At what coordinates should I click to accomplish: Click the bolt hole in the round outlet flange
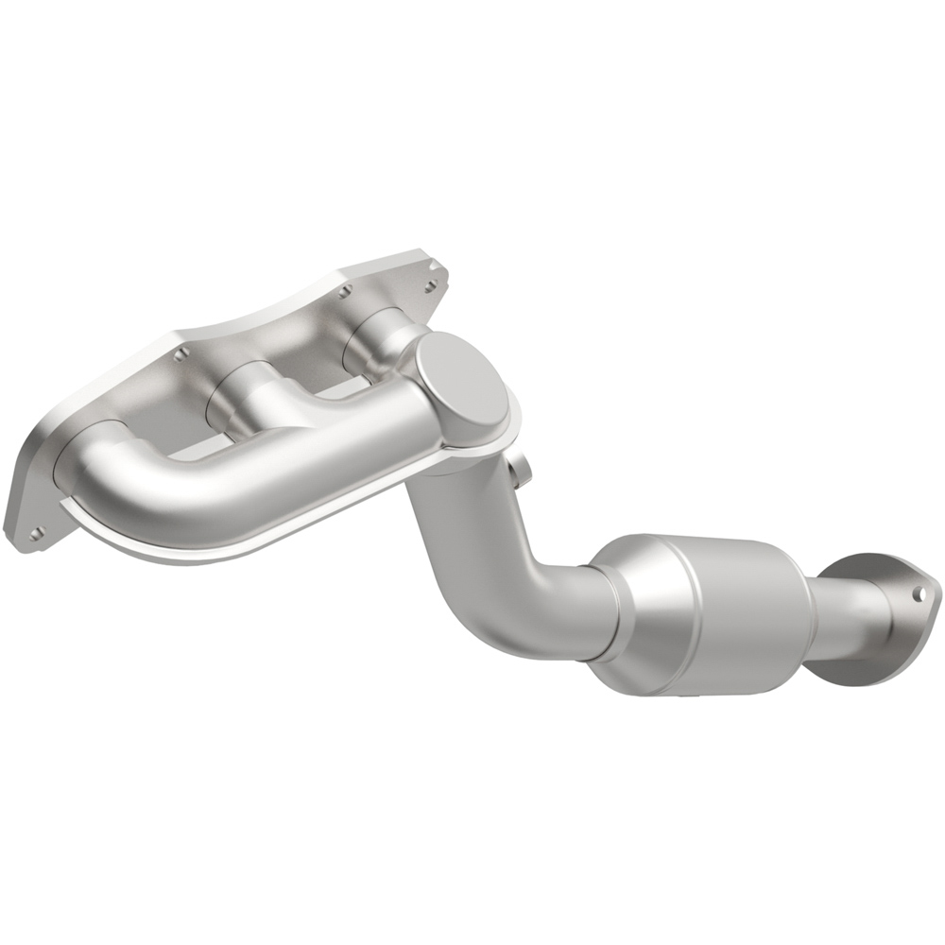click(918, 593)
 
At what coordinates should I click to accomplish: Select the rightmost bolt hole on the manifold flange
click(433, 283)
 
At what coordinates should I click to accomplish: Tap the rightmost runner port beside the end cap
click(383, 340)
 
